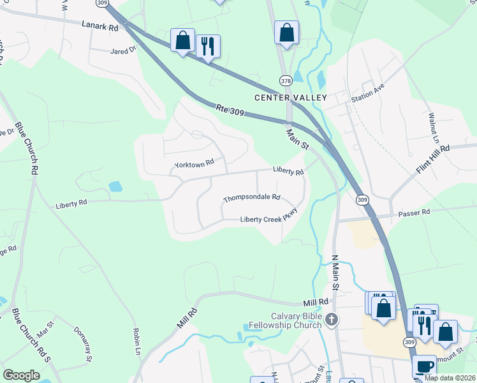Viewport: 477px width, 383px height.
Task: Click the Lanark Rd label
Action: click(100, 28)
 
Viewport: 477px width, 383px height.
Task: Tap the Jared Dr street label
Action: click(124, 50)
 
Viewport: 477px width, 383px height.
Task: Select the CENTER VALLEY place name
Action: click(290, 98)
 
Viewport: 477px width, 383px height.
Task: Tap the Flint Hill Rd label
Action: click(433, 159)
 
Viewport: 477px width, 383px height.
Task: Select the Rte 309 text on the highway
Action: click(230, 110)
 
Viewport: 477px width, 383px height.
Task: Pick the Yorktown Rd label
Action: click(194, 165)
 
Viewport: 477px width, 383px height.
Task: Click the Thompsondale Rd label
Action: click(252, 199)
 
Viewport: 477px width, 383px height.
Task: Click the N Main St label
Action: click(334, 271)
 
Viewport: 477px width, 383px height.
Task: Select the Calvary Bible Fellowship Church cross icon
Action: click(330, 319)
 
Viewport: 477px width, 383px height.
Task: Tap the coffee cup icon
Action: click(424, 366)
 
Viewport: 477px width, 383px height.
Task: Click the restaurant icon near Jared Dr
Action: click(208, 46)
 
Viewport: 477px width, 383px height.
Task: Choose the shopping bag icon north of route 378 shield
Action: click(287, 31)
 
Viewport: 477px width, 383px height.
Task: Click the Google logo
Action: click(22, 375)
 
